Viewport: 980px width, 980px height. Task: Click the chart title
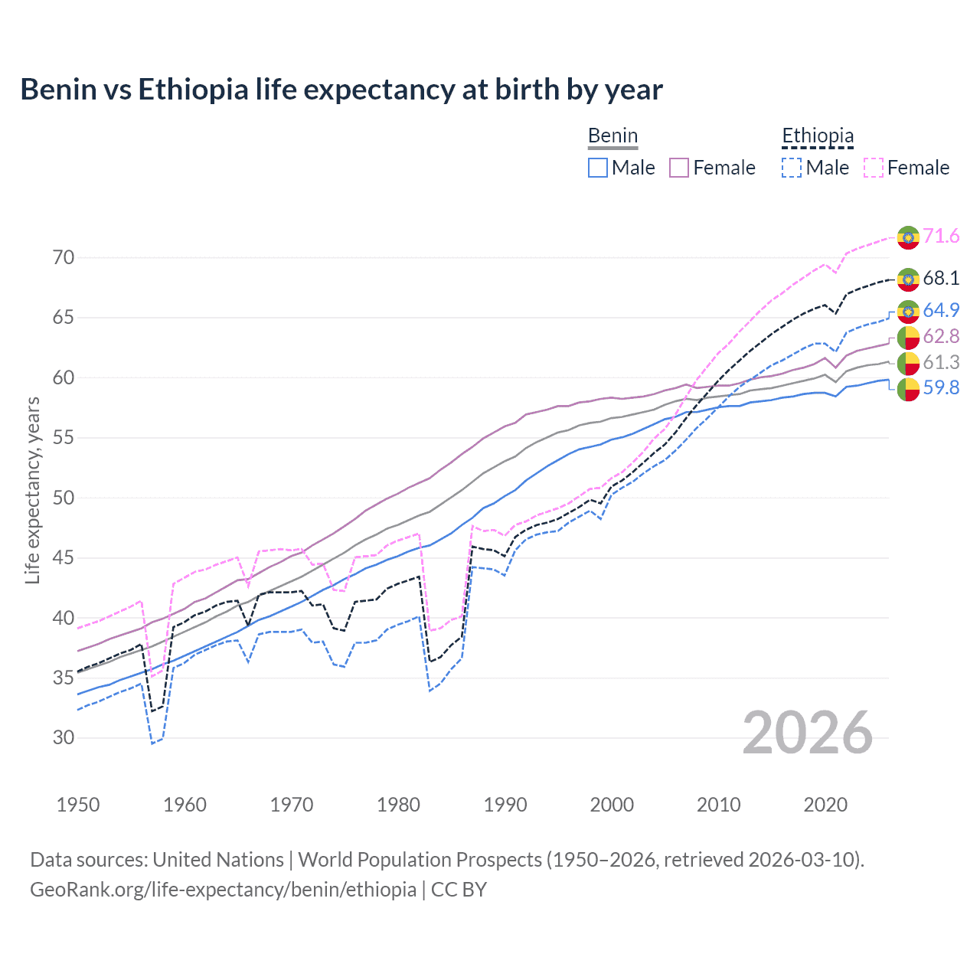coord(341,90)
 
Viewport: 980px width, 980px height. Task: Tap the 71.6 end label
coord(941,236)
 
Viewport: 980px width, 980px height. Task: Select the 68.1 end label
coord(941,278)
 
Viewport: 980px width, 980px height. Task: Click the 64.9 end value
coord(941,310)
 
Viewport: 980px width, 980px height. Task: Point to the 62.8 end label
coord(941,336)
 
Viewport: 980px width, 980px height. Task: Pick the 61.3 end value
coord(941,363)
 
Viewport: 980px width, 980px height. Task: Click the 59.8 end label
coord(941,387)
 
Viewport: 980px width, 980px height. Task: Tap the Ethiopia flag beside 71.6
coord(908,237)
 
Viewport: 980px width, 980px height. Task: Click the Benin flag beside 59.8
coord(908,389)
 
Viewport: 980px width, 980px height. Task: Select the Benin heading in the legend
coord(612,136)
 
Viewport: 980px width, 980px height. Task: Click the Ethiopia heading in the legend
coord(817,136)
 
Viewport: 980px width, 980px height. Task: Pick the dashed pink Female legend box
coord(874,168)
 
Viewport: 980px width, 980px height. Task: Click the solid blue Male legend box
coord(598,168)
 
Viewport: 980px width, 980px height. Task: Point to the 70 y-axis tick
coord(64,257)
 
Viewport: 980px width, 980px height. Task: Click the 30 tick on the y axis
coord(64,738)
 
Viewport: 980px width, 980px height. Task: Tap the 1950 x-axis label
coord(78,805)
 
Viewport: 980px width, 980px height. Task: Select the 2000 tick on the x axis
coord(612,805)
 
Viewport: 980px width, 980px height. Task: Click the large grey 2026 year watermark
coord(808,733)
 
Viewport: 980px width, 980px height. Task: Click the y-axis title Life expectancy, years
coord(33,490)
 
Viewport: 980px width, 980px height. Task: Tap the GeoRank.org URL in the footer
coord(223,890)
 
